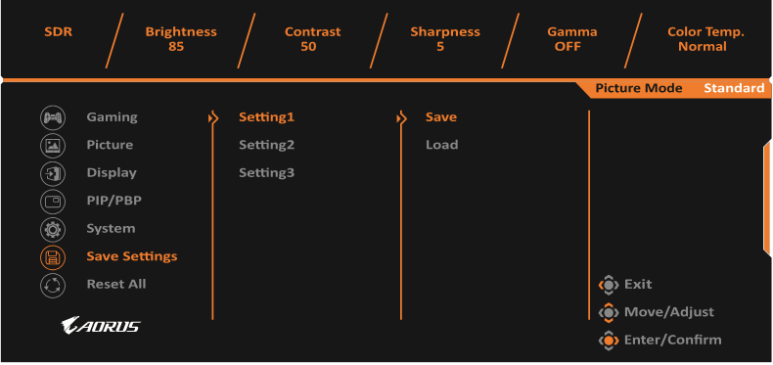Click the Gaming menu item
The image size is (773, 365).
point(112,117)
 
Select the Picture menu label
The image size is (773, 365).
point(110,145)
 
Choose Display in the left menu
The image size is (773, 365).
point(112,173)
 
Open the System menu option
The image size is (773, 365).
point(111,229)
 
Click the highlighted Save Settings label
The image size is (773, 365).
point(132,256)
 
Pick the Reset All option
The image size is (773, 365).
point(115,284)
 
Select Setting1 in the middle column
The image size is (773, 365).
point(266,117)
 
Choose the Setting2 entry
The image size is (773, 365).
point(266,145)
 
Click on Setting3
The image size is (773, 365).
point(266,173)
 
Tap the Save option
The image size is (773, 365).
point(441,117)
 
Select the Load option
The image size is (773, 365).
point(441,145)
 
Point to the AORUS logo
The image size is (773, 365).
point(99,325)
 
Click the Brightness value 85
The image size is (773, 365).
point(181,46)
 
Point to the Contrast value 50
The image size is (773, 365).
point(313,46)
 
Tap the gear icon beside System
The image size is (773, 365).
point(52,229)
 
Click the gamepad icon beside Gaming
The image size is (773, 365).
point(52,117)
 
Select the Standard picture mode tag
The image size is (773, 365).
point(734,88)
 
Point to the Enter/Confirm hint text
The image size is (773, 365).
point(672,340)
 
